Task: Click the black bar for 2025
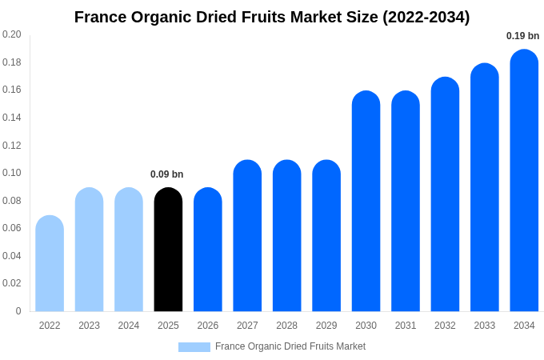pyautogui.click(x=168, y=250)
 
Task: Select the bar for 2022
pyautogui.click(x=50, y=263)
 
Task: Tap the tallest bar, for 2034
pyautogui.click(x=524, y=181)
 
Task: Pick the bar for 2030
pyautogui.click(x=366, y=202)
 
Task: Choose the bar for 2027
pyautogui.click(x=247, y=236)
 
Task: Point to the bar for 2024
pyautogui.click(x=129, y=250)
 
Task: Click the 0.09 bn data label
pyautogui.click(x=166, y=174)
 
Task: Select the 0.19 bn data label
pyautogui.click(x=522, y=36)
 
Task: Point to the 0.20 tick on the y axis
pyautogui.click(x=12, y=34)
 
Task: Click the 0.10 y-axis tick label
pyautogui.click(x=12, y=173)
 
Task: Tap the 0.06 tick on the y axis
pyautogui.click(x=12, y=228)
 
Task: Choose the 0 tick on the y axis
pyautogui.click(x=18, y=311)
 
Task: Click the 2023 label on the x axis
pyautogui.click(x=89, y=326)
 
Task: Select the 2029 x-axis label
pyautogui.click(x=326, y=326)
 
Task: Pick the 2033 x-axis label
pyautogui.click(x=484, y=326)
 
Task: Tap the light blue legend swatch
pyautogui.click(x=194, y=347)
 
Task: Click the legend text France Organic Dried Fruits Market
pyautogui.click(x=290, y=346)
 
